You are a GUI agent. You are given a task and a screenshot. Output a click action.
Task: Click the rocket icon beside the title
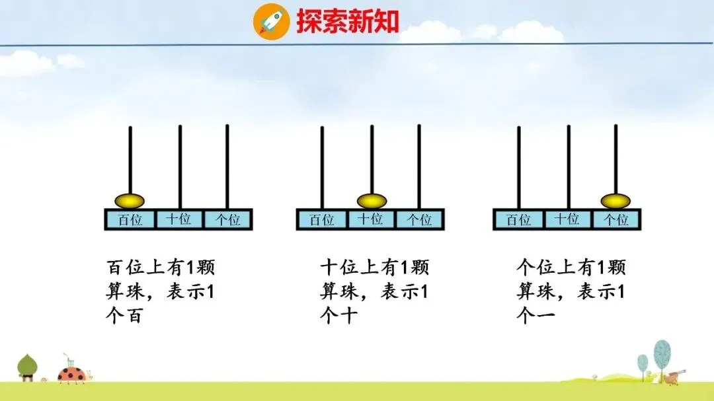point(271,21)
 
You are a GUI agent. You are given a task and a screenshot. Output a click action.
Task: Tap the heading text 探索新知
point(348,21)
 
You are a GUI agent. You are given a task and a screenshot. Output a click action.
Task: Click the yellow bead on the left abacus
point(130,200)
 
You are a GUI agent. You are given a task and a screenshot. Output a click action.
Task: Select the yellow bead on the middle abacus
point(372,200)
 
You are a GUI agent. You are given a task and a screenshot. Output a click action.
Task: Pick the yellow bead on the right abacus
point(615,200)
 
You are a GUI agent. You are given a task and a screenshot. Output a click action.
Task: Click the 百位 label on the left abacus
point(130,219)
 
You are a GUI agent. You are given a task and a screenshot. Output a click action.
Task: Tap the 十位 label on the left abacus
point(178,219)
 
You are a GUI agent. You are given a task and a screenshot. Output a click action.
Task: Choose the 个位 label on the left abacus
point(227,219)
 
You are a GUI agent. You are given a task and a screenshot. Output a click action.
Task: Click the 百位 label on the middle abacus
point(322,219)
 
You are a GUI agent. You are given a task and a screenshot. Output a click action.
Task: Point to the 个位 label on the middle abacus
point(419,219)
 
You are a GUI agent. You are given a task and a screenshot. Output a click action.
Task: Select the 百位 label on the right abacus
point(519,219)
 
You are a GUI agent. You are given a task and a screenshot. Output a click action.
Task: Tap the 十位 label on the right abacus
point(567,219)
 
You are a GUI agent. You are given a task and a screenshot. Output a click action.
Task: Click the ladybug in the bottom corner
point(71,375)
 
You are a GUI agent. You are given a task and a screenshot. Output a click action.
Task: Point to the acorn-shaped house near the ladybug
point(27,367)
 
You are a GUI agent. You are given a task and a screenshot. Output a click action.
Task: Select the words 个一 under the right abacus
point(535,316)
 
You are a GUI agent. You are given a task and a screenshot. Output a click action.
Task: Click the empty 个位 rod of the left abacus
point(227,165)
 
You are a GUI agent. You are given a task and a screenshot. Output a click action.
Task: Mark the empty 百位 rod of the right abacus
point(519,165)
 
